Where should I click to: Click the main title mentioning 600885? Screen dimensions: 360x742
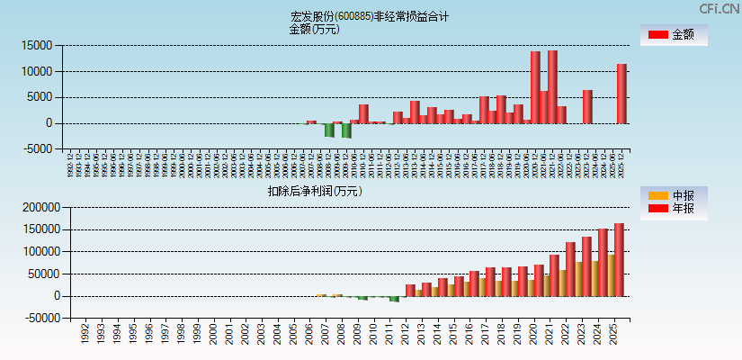pos(370,16)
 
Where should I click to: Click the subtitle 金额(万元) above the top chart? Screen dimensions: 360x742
pos(314,29)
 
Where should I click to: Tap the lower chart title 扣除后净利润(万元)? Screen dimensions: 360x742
pos(315,191)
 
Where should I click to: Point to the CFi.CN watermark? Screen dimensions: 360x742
pos(720,8)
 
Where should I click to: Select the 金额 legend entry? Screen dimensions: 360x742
pos(673,34)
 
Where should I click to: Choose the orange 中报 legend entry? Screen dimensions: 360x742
pos(673,195)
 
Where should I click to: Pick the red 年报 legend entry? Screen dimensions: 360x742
pos(673,209)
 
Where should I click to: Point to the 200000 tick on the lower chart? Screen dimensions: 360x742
pos(39,207)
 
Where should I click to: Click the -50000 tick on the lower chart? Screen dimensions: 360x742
pos(39,318)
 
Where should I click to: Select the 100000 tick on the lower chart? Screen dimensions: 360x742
pos(39,251)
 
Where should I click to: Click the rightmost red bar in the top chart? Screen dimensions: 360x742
pos(621,94)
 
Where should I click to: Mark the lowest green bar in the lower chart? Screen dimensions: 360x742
pos(395,299)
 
